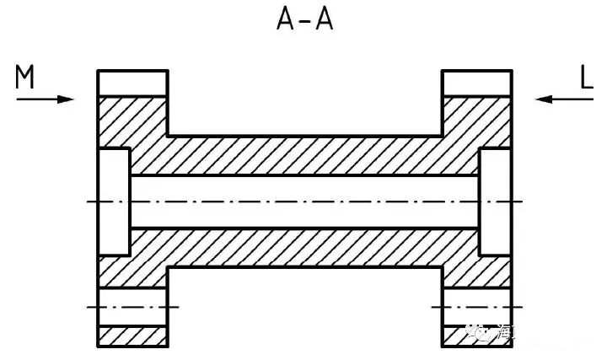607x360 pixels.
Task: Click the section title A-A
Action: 304,19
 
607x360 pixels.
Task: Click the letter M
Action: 25,78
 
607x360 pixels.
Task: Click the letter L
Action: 588,78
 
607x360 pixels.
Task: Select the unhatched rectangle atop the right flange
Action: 477,83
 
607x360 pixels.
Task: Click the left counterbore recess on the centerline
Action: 114,202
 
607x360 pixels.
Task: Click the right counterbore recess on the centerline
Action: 493,202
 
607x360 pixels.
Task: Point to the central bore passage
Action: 303,202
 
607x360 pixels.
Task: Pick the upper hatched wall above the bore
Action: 303,156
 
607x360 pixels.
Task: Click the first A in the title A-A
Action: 286,19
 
